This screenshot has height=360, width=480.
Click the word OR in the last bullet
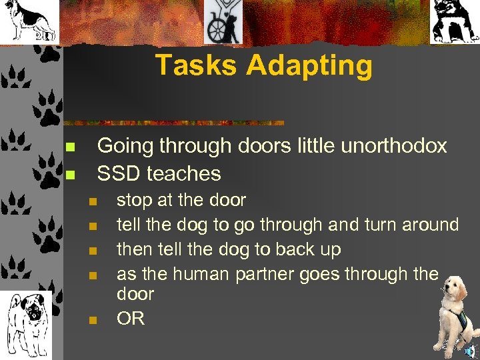tap(131, 319)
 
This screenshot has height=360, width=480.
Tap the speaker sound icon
tap(471, 351)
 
